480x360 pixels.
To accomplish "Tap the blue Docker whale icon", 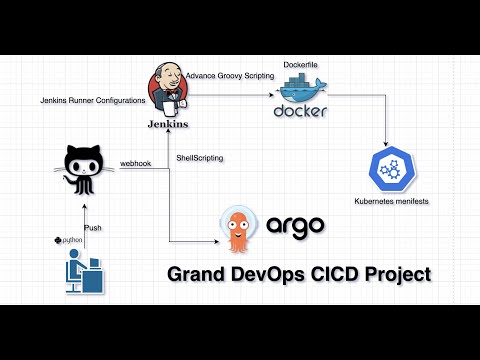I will pyautogui.click(x=300, y=92).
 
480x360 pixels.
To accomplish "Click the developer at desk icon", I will pyautogui.click(x=82, y=271).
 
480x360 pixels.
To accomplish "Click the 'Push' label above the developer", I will pyautogui.click(x=92, y=228).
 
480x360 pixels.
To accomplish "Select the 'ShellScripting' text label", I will pyautogui.click(x=199, y=159).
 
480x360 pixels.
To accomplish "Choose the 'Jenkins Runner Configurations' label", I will pyautogui.click(x=92, y=100).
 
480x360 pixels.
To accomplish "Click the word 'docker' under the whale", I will pyautogui.click(x=300, y=112).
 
